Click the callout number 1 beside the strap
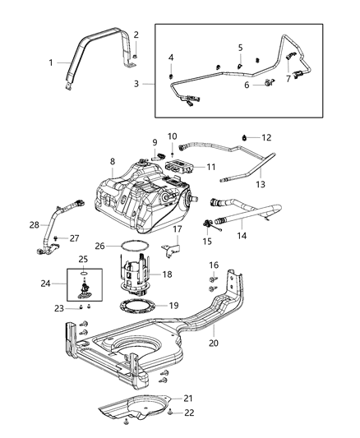point(50,62)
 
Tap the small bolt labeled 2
point(136,55)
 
